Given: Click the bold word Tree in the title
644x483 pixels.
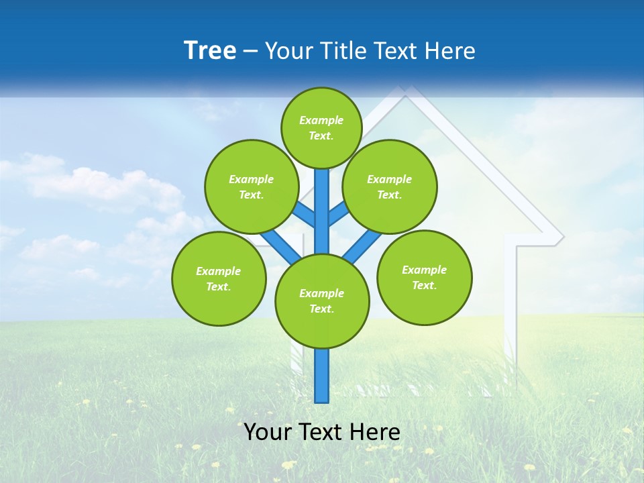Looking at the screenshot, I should pyautogui.click(x=210, y=50).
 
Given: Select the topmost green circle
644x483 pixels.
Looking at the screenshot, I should pyautogui.click(x=321, y=127).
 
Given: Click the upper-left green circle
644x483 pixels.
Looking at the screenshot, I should pyautogui.click(x=252, y=186).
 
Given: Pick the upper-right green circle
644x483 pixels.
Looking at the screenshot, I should pyautogui.click(x=390, y=186).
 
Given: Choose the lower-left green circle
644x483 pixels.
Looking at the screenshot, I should pyautogui.click(x=219, y=278).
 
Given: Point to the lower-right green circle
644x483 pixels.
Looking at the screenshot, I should pyautogui.click(x=425, y=277).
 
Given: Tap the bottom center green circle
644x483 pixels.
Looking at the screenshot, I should pyautogui.click(x=322, y=301).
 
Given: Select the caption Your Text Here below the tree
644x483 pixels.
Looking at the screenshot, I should pyautogui.click(x=322, y=432).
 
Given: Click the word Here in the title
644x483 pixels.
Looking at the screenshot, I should pyautogui.click(x=450, y=50).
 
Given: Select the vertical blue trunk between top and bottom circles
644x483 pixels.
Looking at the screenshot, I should pyautogui.click(x=322, y=211).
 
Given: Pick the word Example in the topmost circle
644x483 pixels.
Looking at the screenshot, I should pyautogui.click(x=321, y=120).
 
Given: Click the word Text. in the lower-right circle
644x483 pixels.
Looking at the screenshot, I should pyautogui.click(x=425, y=285).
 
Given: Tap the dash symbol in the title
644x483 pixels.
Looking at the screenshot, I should pyautogui.click(x=251, y=51).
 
